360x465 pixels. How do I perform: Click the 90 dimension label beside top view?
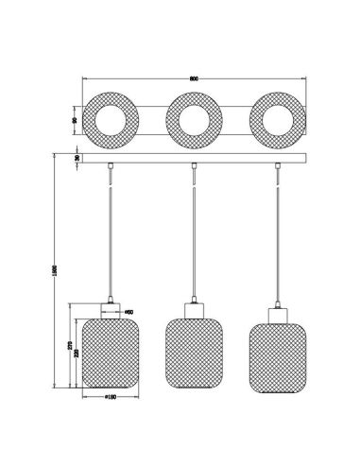click(x=75, y=121)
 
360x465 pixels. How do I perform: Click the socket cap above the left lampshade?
click(x=110, y=306)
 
